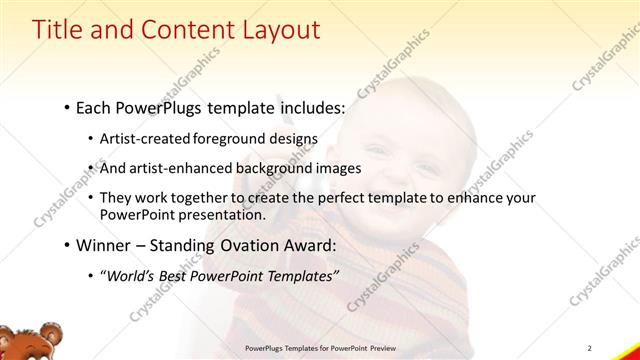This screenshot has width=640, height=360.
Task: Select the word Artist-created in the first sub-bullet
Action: click(x=138, y=138)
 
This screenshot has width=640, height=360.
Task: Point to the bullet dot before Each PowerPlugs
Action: click(x=66, y=105)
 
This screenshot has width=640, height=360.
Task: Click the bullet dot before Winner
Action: click(x=66, y=244)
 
